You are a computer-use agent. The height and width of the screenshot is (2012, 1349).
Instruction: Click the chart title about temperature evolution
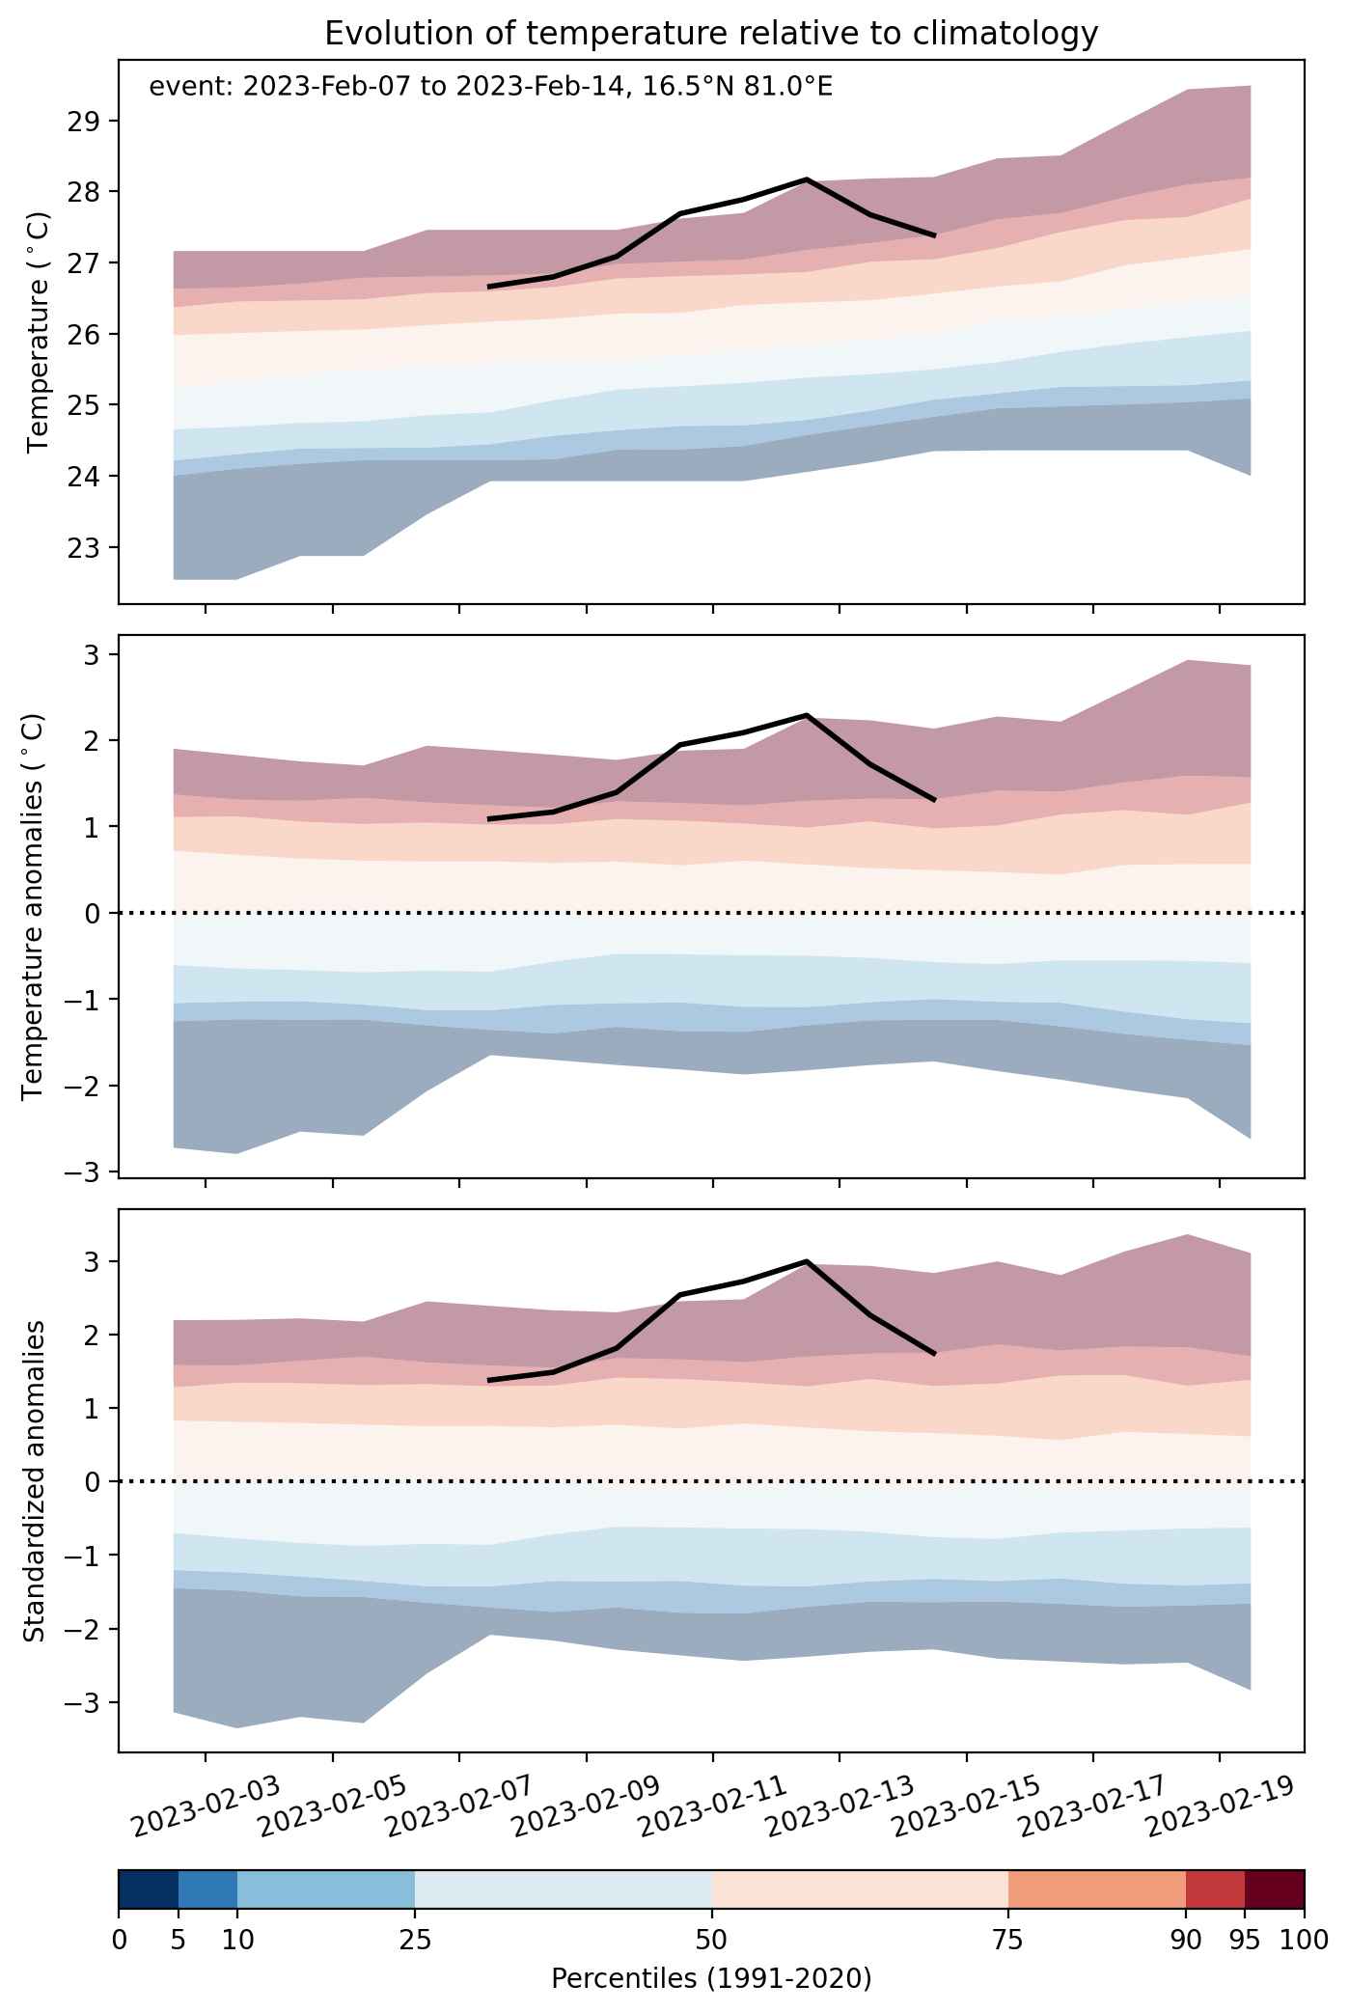point(711,34)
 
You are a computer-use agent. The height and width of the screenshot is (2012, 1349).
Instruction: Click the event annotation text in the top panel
point(491,88)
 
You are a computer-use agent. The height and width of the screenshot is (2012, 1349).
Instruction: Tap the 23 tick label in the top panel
point(85,548)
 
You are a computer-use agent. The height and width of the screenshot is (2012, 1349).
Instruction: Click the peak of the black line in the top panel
point(806,179)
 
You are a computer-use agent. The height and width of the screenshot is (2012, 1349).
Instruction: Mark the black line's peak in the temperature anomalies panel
point(806,715)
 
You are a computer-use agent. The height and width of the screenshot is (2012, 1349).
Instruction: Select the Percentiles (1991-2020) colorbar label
point(711,1980)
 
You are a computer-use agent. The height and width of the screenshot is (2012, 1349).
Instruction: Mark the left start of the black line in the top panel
point(490,287)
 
